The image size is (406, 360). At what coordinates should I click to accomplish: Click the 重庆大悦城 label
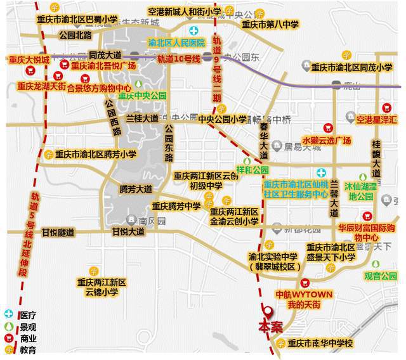pos(29,60)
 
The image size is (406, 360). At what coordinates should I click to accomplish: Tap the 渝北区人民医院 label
pos(176,43)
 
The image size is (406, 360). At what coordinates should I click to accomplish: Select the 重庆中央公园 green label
pos(142,96)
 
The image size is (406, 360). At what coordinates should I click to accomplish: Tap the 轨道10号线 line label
pos(179,59)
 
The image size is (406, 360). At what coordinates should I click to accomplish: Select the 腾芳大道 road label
pos(136,189)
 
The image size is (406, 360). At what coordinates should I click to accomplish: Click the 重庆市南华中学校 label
pos(320,344)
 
